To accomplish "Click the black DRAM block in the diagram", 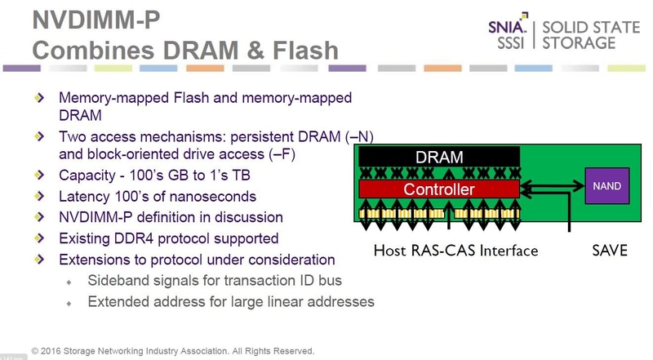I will point(439,157).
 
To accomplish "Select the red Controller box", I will point(439,189).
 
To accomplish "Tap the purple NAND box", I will point(606,186).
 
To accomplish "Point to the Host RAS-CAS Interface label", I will point(455,251).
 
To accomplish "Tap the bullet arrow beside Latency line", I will point(39,197).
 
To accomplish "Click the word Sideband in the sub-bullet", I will point(117,281).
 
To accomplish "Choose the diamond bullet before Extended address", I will point(69,302).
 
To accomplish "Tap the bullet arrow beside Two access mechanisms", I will point(39,134).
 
